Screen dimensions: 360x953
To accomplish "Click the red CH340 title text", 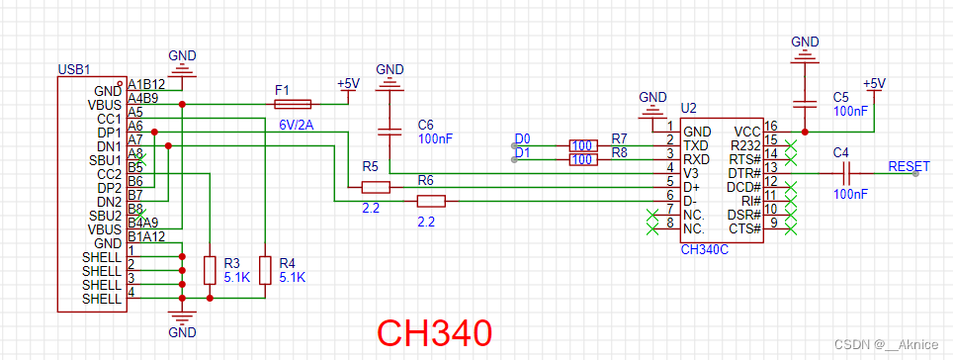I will coord(434,332).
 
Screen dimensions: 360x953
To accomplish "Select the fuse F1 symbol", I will coord(292,103).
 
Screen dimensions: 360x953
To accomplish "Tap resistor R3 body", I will coord(209,269).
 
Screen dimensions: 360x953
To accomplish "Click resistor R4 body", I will coord(264,269).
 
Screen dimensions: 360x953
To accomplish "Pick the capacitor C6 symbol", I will coord(391,132).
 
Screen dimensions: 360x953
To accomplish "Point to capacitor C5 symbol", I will coord(807,103).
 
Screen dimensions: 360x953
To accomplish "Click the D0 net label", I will coord(522,138).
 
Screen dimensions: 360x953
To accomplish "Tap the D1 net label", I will coord(522,153).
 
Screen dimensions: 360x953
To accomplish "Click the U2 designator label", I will coord(688,108).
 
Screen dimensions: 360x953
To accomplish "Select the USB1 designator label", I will coord(75,71).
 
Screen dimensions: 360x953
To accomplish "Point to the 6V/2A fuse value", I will coord(298,124).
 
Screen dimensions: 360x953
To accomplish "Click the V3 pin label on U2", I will coord(692,172).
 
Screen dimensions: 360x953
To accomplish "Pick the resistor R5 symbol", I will coord(375,186).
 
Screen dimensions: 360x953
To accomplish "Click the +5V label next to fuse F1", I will coord(348,84).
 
